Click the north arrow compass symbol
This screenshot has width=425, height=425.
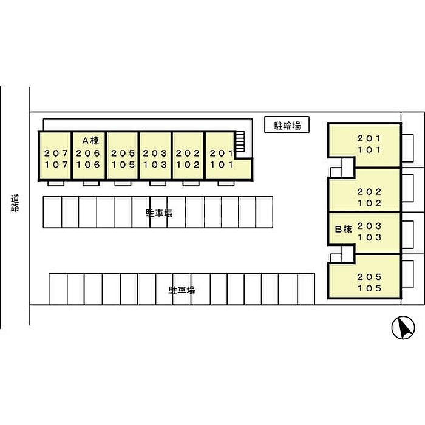[x=401, y=328]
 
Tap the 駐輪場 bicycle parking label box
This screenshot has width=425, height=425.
[x=287, y=126]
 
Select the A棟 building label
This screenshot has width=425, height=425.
[x=89, y=140]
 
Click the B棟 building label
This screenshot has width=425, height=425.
[x=344, y=229]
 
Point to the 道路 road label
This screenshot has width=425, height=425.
[x=15, y=203]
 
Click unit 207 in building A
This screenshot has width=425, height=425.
[x=56, y=154]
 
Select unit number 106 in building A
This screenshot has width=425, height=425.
[x=89, y=165]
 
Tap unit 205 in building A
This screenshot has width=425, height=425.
[x=123, y=154]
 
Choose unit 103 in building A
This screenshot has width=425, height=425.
[x=155, y=165]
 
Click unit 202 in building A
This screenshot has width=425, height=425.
[x=188, y=154]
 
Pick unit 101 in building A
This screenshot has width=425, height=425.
[x=221, y=165]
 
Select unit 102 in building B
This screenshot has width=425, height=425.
[x=370, y=203]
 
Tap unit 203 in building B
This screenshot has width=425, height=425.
[x=370, y=225]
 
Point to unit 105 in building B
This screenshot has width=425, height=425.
[x=370, y=288]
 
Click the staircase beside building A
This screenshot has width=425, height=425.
[x=240, y=143]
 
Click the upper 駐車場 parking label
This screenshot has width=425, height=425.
[x=159, y=212]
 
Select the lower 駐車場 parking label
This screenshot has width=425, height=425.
[x=182, y=291]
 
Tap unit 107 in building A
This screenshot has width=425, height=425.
[x=56, y=165]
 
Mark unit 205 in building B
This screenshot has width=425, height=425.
[x=370, y=276]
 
